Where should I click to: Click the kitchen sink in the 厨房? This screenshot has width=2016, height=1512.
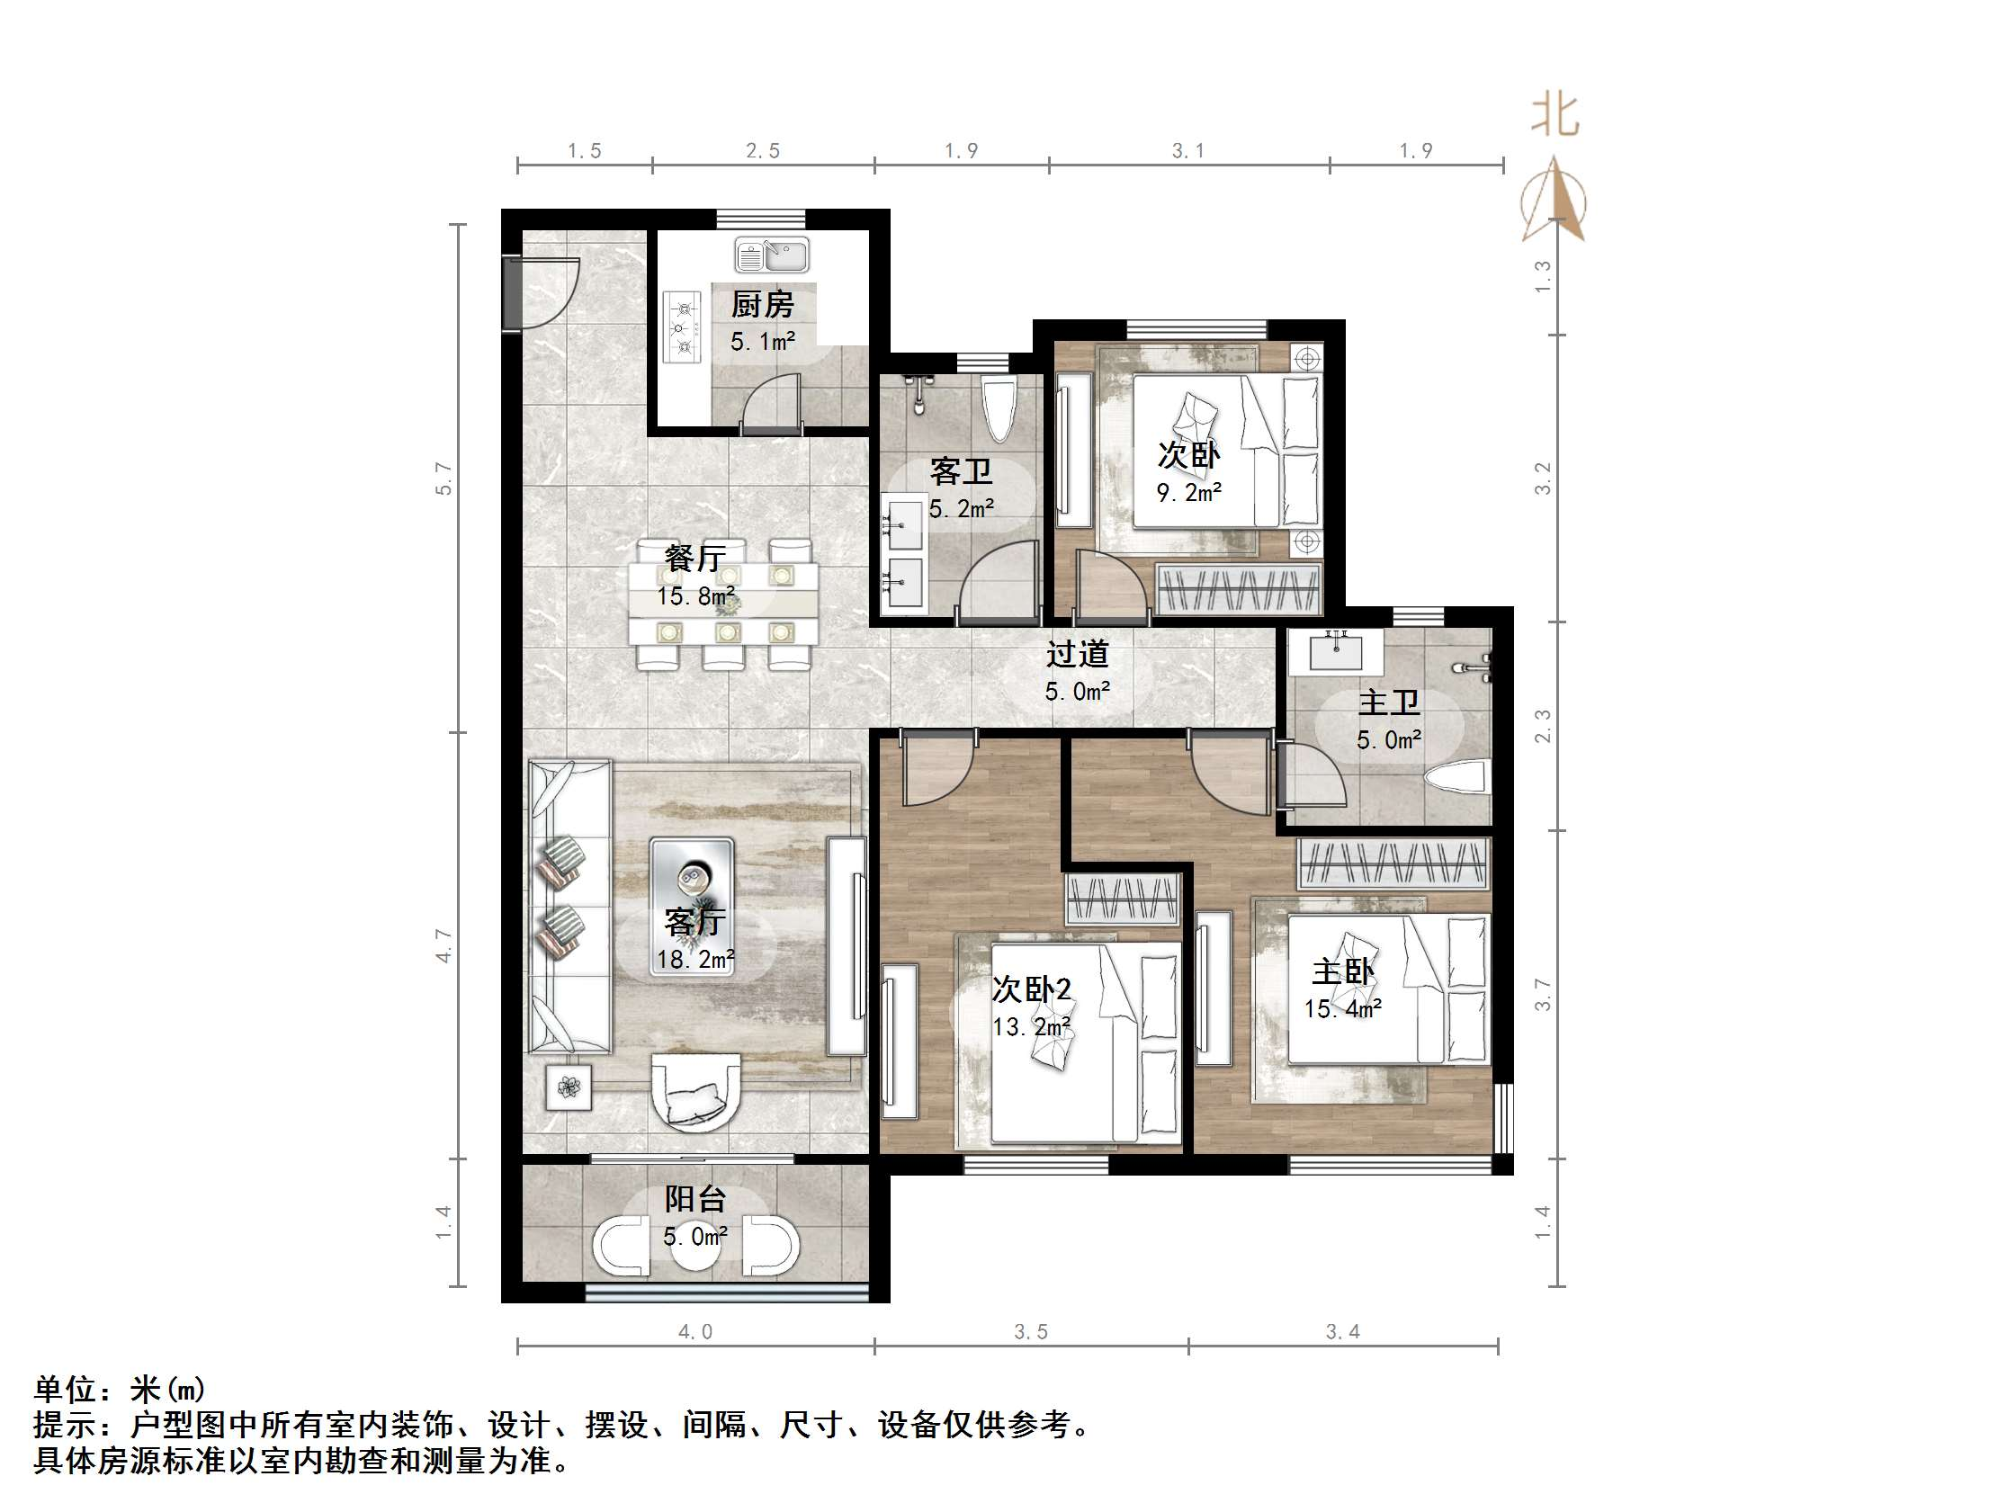tap(771, 255)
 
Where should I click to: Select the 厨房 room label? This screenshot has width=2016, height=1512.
tap(762, 304)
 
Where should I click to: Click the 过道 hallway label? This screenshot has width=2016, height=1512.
tap(1077, 654)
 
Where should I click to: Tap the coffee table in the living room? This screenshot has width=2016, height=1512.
tap(692, 907)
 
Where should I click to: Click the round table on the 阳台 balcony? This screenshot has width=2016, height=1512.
tap(695, 1250)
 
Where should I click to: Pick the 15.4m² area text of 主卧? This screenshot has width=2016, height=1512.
tap(1342, 1009)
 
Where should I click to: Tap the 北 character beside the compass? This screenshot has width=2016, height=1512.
tap(1554, 117)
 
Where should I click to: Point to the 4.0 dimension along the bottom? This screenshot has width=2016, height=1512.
tap(694, 1331)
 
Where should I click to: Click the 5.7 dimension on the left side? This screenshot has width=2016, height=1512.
tap(444, 479)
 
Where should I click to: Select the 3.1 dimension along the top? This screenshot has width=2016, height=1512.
tap(1187, 151)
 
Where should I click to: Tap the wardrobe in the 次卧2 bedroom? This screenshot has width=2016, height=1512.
tap(1123, 899)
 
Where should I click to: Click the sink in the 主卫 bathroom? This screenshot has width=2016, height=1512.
tap(1336, 650)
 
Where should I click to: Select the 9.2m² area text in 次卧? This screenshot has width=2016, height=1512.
tap(1188, 493)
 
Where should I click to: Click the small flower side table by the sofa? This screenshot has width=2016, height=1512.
tap(569, 1087)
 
